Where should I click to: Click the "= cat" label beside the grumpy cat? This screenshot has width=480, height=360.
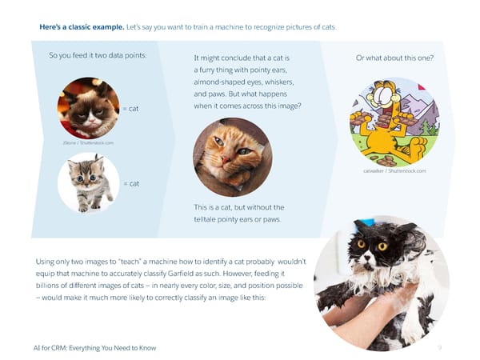[x=130, y=108]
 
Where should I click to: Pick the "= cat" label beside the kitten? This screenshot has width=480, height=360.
[x=130, y=183]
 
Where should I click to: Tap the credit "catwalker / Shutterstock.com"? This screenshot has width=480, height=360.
[x=394, y=170]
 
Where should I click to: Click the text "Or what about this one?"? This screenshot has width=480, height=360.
[x=394, y=58]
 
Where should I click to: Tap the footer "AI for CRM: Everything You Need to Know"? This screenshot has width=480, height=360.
[x=90, y=347]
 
